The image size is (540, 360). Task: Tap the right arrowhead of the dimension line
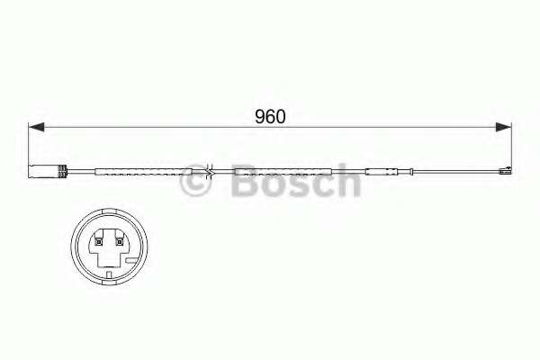(506, 128)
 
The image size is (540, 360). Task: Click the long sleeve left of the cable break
(144, 171)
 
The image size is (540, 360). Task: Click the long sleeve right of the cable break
(283, 171)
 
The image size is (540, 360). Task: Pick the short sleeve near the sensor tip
(383, 171)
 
